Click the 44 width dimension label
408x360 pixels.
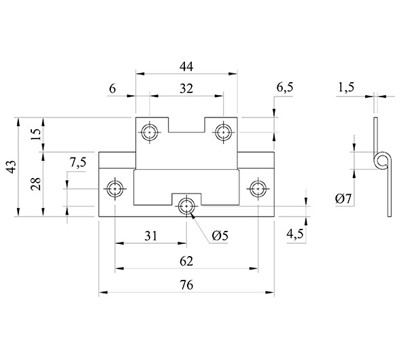pos(186,67)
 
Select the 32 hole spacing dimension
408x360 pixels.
pos(186,89)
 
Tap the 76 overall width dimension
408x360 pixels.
pos(186,285)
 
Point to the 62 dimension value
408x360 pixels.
pos(186,261)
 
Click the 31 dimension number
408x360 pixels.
pos(151,236)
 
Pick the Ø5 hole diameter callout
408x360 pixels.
pos(220,236)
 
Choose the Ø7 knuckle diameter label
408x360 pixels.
pos(343,199)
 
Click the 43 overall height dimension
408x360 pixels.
pos(12,166)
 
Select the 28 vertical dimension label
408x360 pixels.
pos(36,184)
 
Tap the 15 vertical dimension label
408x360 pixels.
pos(36,134)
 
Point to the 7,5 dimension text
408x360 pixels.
pos(78,163)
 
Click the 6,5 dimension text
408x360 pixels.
pos(285,88)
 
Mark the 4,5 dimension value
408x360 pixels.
pos(295,234)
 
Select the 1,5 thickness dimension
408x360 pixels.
pos(346,88)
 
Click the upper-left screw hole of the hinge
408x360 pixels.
pos(150,132)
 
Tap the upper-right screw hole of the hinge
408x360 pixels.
pos(224,132)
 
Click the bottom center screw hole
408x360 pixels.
pos(186,206)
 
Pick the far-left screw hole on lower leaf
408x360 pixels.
pos(115,188)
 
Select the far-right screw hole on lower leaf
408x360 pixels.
pos(258,188)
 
